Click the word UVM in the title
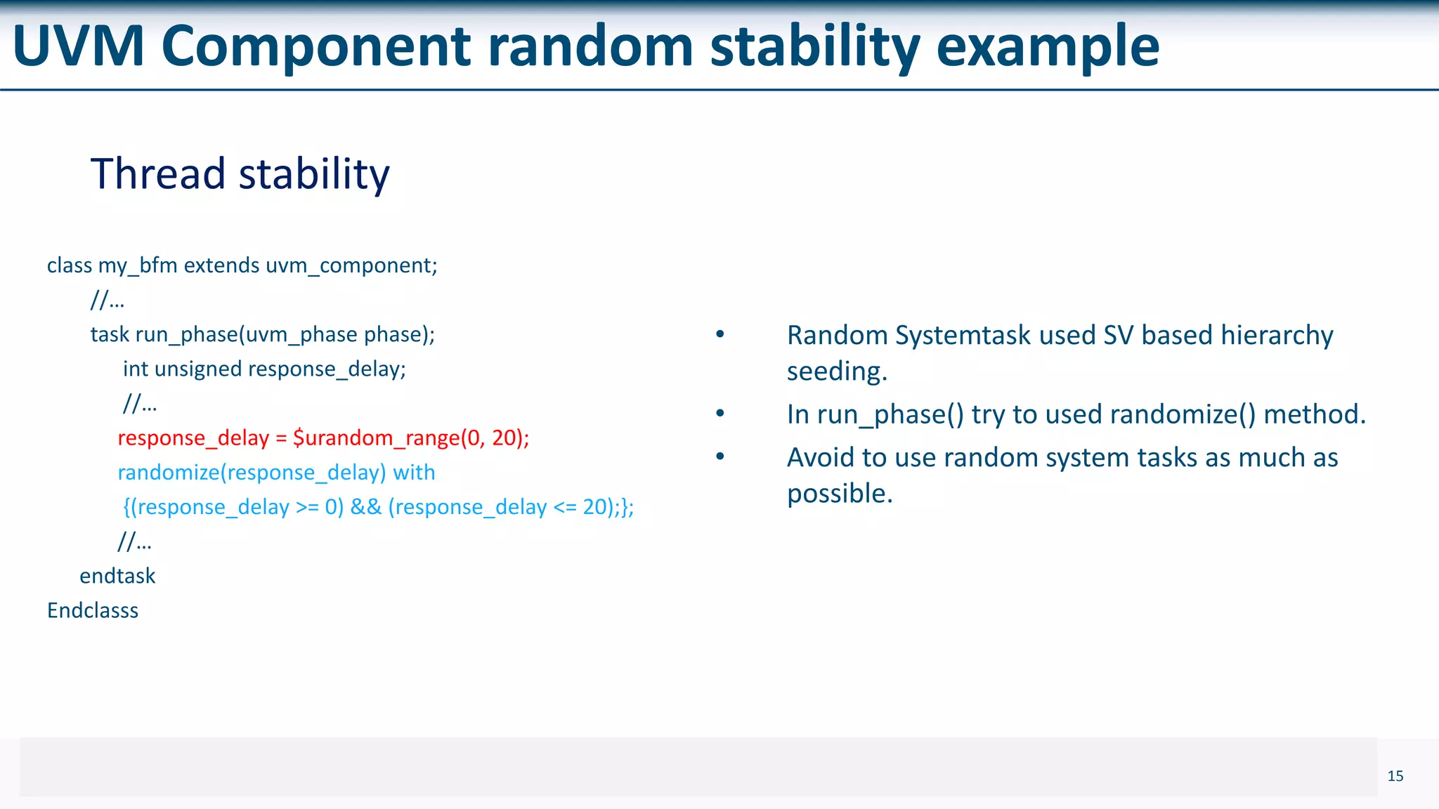tap(79, 46)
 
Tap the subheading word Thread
tap(157, 173)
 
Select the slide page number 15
tap(1395, 776)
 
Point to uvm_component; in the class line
tap(351, 265)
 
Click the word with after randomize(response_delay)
tap(414, 473)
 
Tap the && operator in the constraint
tap(365, 507)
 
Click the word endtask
tap(117, 576)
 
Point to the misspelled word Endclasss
tap(92, 610)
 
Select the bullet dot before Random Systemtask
tap(719, 335)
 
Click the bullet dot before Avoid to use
tap(719, 457)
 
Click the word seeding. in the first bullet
tap(837, 371)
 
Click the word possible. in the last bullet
tap(840, 494)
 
